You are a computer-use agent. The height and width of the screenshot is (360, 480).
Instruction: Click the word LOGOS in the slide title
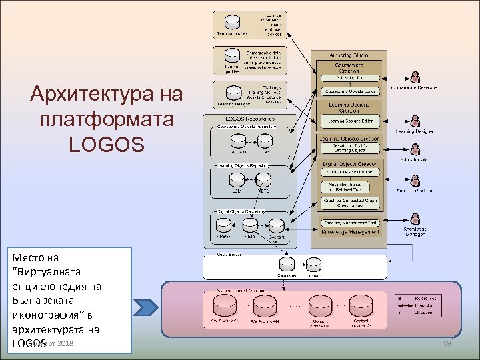[x=106, y=143]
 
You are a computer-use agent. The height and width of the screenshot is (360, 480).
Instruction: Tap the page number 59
[x=447, y=343]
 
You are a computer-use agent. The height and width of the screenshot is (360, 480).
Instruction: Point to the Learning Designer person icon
[x=415, y=121]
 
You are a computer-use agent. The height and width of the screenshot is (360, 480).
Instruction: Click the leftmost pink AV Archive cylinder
[x=222, y=307]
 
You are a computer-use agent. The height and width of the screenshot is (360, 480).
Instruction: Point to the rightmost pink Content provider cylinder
[x=361, y=307]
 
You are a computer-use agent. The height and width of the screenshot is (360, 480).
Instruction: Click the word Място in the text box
[x=26, y=257]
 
